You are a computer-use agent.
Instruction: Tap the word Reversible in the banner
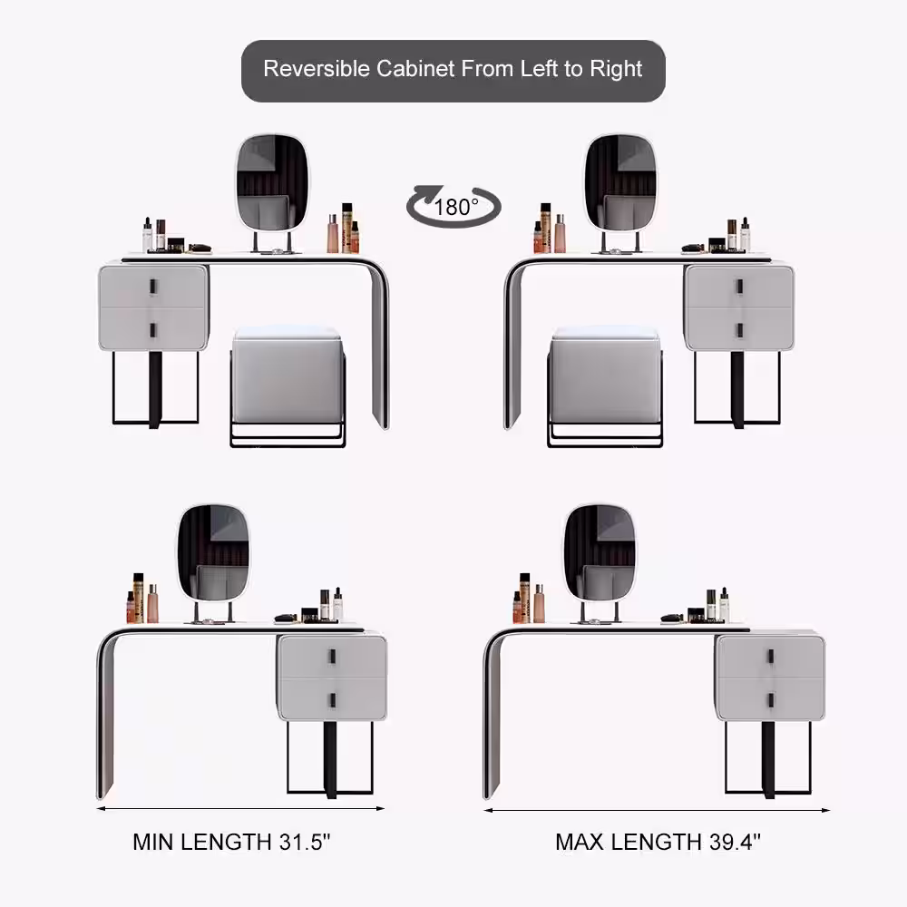(x=317, y=69)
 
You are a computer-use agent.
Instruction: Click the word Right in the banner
(x=616, y=70)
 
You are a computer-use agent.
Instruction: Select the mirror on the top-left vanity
(x=272, y=183)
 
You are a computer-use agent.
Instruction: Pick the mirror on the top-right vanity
(x=620, y=183)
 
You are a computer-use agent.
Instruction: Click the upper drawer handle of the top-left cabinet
(x=153, y=287)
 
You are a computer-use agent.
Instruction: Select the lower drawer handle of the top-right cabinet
(x=739, y=330)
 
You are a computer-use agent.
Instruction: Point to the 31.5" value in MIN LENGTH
(x=304, y=842)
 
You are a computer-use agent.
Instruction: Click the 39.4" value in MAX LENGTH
(x=735, y=842)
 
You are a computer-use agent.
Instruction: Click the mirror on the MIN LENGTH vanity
(x=213, y=553)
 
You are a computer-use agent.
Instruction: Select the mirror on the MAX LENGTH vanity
(x=600, y=553)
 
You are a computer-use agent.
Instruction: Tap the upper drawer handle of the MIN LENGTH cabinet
(x=333, y=657)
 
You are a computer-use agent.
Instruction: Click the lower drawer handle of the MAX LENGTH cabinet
(x=770, y=700)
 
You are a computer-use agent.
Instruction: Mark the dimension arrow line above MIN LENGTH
(x=240, y=809)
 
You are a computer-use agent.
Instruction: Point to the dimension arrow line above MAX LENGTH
(x=657, y=810)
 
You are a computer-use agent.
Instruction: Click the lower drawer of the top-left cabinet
(x=152, y=328)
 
